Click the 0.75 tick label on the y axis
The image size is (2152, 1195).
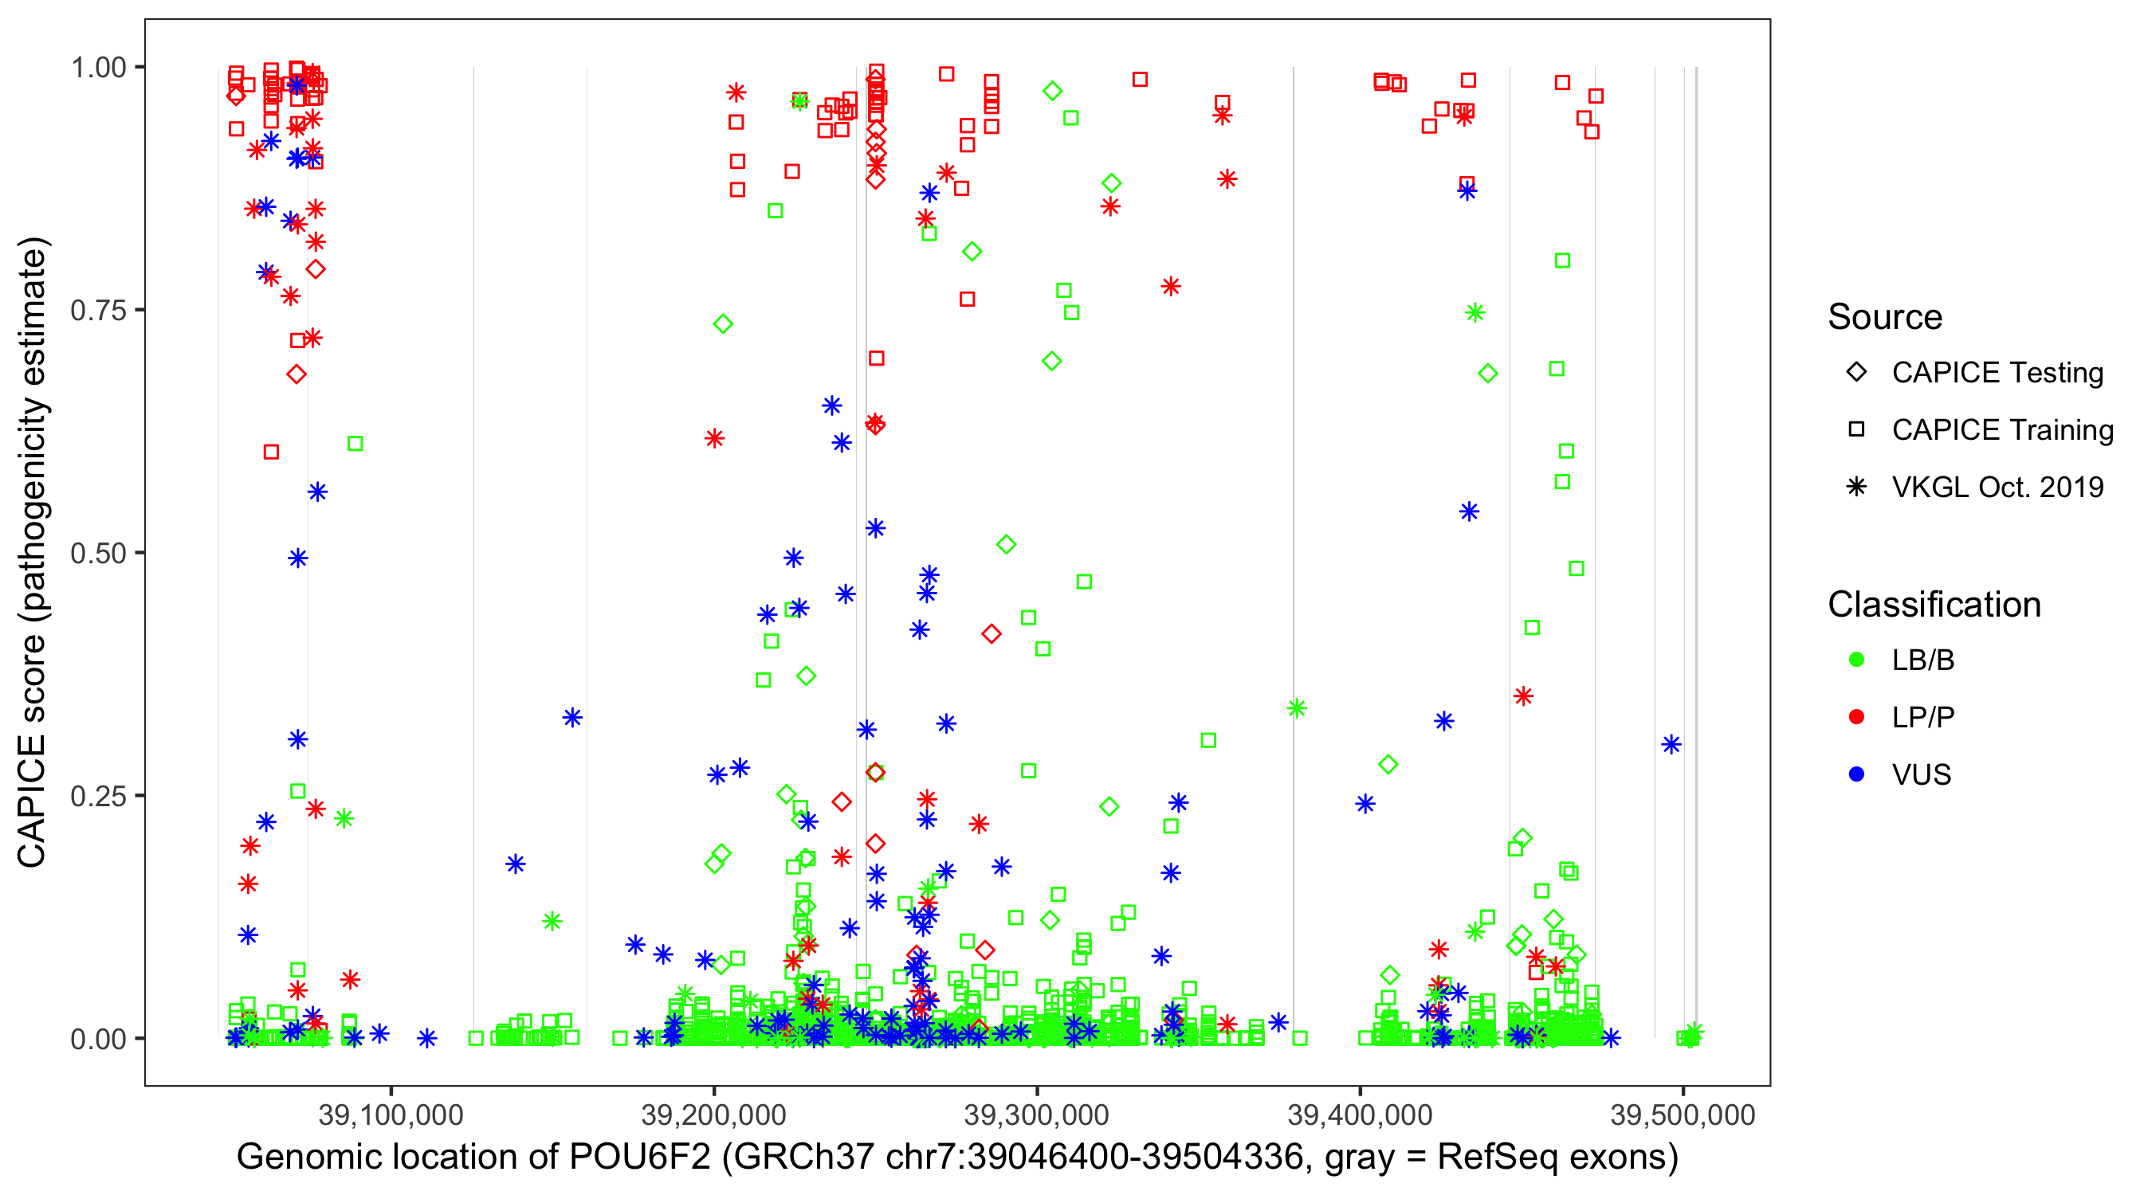pos(97,311)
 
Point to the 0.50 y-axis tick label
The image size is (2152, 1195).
pos(97,554)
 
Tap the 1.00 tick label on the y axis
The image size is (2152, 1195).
pos(97,68)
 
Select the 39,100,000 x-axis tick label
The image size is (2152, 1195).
pos(391,1115)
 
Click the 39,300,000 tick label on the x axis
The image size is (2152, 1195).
pos(1037,1115)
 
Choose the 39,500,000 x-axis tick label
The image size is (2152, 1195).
pos(1683,1115)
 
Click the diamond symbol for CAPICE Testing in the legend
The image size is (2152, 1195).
pos(1856,373)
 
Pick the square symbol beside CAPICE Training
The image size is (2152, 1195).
pos(1856,429)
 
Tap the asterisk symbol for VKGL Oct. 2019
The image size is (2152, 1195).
pos(1856,487)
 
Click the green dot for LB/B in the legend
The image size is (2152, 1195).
pos(1856,660)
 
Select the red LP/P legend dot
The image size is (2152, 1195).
pos(1856,717)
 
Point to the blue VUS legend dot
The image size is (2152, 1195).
pos(1856,774)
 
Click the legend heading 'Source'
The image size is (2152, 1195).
pos(1885,317)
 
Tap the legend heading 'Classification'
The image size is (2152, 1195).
pos(1934,605)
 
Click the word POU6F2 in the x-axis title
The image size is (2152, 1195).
pos(640,1158)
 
